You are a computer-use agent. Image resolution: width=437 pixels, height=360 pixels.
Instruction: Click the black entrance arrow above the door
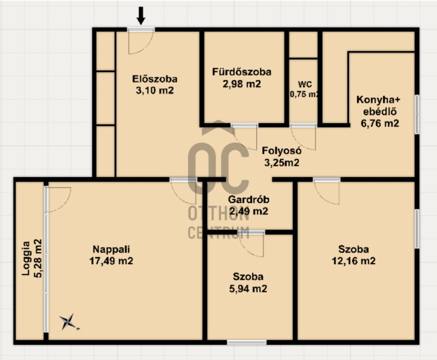(141, 16)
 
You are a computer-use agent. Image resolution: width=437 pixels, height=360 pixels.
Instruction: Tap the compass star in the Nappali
(69, 322)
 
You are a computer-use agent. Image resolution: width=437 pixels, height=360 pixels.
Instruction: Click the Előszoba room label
(155, 79)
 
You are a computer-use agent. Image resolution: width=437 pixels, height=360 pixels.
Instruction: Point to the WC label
(305, 84)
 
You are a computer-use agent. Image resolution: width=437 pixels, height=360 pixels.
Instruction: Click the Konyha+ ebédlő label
(379, 106)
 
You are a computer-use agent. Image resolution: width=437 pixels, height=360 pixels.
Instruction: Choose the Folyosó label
(281, 150)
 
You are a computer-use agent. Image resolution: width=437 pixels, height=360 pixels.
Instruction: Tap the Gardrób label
(248, 199)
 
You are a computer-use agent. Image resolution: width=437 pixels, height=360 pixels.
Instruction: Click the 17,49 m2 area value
(111, 261)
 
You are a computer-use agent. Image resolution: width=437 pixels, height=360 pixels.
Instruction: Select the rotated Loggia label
(26, 258)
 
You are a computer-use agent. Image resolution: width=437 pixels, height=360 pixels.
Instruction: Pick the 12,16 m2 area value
(353, 261)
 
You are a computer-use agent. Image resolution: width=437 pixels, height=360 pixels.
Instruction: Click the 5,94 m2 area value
(248, 289)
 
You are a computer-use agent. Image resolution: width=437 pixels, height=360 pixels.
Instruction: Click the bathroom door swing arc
(245, 138)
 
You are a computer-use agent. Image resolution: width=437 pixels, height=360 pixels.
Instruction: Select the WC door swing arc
(303, 138)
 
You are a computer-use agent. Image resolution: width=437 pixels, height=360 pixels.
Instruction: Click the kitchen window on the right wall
(417, 114)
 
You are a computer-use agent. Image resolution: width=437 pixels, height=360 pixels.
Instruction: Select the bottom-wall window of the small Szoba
(247, 342)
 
